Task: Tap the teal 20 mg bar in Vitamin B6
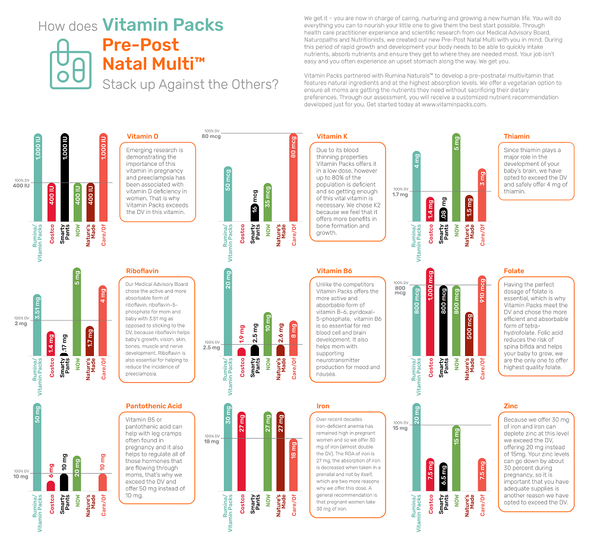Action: click(228, 312)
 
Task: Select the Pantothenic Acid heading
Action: click(153, 407)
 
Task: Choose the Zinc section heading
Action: click(510, 407)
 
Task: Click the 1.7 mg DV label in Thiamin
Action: click(400, 194)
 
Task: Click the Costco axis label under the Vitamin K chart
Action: click(242, 235)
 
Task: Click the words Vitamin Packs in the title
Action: click(162, 25)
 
